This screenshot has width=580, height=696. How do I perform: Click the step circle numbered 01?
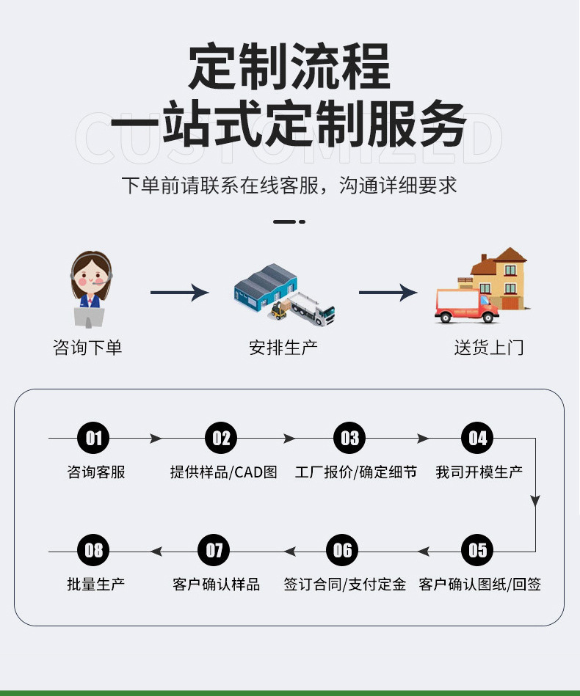click(x=93, y=439)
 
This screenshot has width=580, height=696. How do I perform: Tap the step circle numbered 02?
click(x=221, y=439)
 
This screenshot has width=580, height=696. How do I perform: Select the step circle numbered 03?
click(x=349, y=439)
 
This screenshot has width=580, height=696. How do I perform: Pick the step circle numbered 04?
click(x=477, y=439)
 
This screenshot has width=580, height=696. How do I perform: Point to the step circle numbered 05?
click(x=477, y=551)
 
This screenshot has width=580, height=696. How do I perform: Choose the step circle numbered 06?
click(x=342, y=551)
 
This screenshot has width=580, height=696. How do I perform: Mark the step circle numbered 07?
click(x=214, y=551)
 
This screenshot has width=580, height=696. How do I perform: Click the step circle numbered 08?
click(x=93, y=551)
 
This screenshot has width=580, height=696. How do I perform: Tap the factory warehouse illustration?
click(x=283, y=293)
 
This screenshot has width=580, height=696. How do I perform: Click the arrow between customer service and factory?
click(x=179, y=293)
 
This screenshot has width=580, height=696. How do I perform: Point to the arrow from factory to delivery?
click(x=388, y=293)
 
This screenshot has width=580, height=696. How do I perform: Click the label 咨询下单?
click(x=87, y=347)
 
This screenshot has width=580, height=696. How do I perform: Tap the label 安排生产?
click(x=283, y=347)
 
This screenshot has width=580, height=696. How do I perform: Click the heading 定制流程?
click(x=289, y=67)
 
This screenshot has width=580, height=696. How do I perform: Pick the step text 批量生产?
click(x=95, y=585)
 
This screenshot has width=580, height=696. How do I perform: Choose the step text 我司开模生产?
click(x=479, y=472)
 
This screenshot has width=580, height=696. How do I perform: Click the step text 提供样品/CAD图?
click(x=223, y=472)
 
